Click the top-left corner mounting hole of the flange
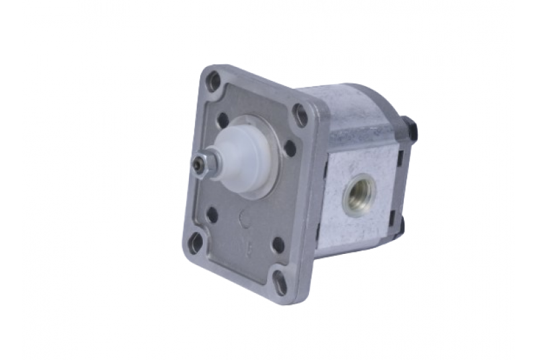coord(213,82)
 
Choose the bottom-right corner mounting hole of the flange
coord(280,283)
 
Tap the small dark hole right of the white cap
coord(290,149)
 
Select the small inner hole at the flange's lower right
coord(278,245)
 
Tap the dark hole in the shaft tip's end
coord(197,165)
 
